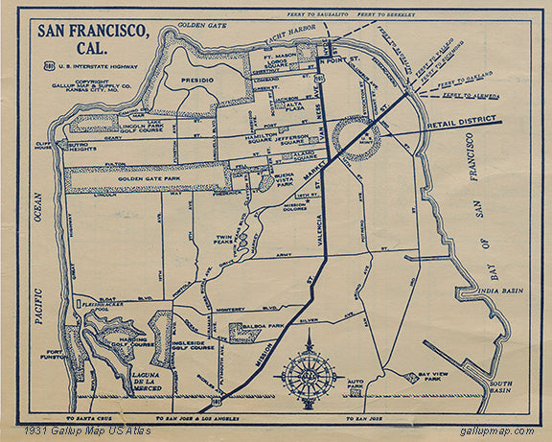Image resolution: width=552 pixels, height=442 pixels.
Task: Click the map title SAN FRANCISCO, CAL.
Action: click(94, 40)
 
